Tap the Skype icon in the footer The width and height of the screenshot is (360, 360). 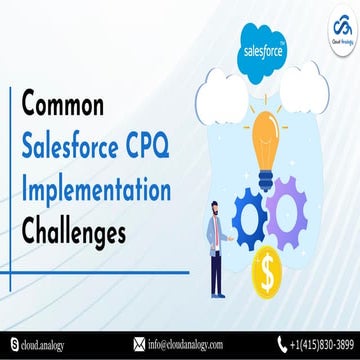tap(10, 344)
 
